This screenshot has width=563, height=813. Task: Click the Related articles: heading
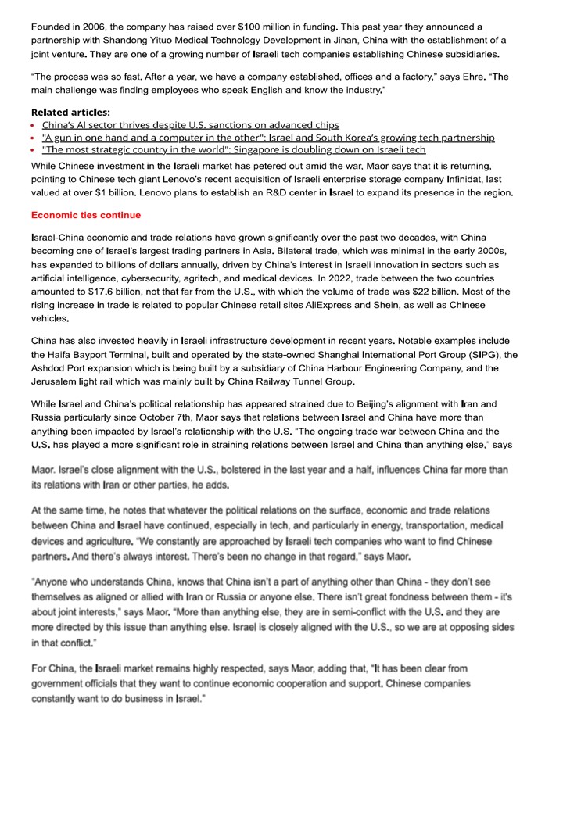(x=70, y=112)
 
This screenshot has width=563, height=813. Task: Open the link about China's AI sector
(x=190, y=124)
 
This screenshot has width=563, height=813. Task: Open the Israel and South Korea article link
(x=268, y=138)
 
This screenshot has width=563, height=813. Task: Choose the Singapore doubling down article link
(x=234, y=150)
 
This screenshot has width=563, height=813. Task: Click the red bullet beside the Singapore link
(x=34, y=150)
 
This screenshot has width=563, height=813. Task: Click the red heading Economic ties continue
(x=86, y=215)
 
